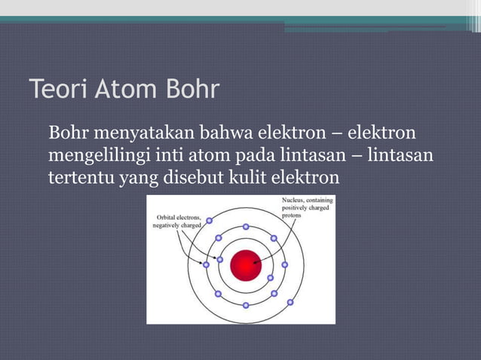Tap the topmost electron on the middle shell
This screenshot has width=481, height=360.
point(246,226)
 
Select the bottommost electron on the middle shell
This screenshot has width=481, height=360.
point(246,305)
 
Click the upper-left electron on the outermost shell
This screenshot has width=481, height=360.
point(209,221)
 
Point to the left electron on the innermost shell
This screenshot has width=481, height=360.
point(220,260)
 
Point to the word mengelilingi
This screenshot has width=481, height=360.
point(98,157)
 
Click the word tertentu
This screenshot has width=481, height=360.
point(78,178)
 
